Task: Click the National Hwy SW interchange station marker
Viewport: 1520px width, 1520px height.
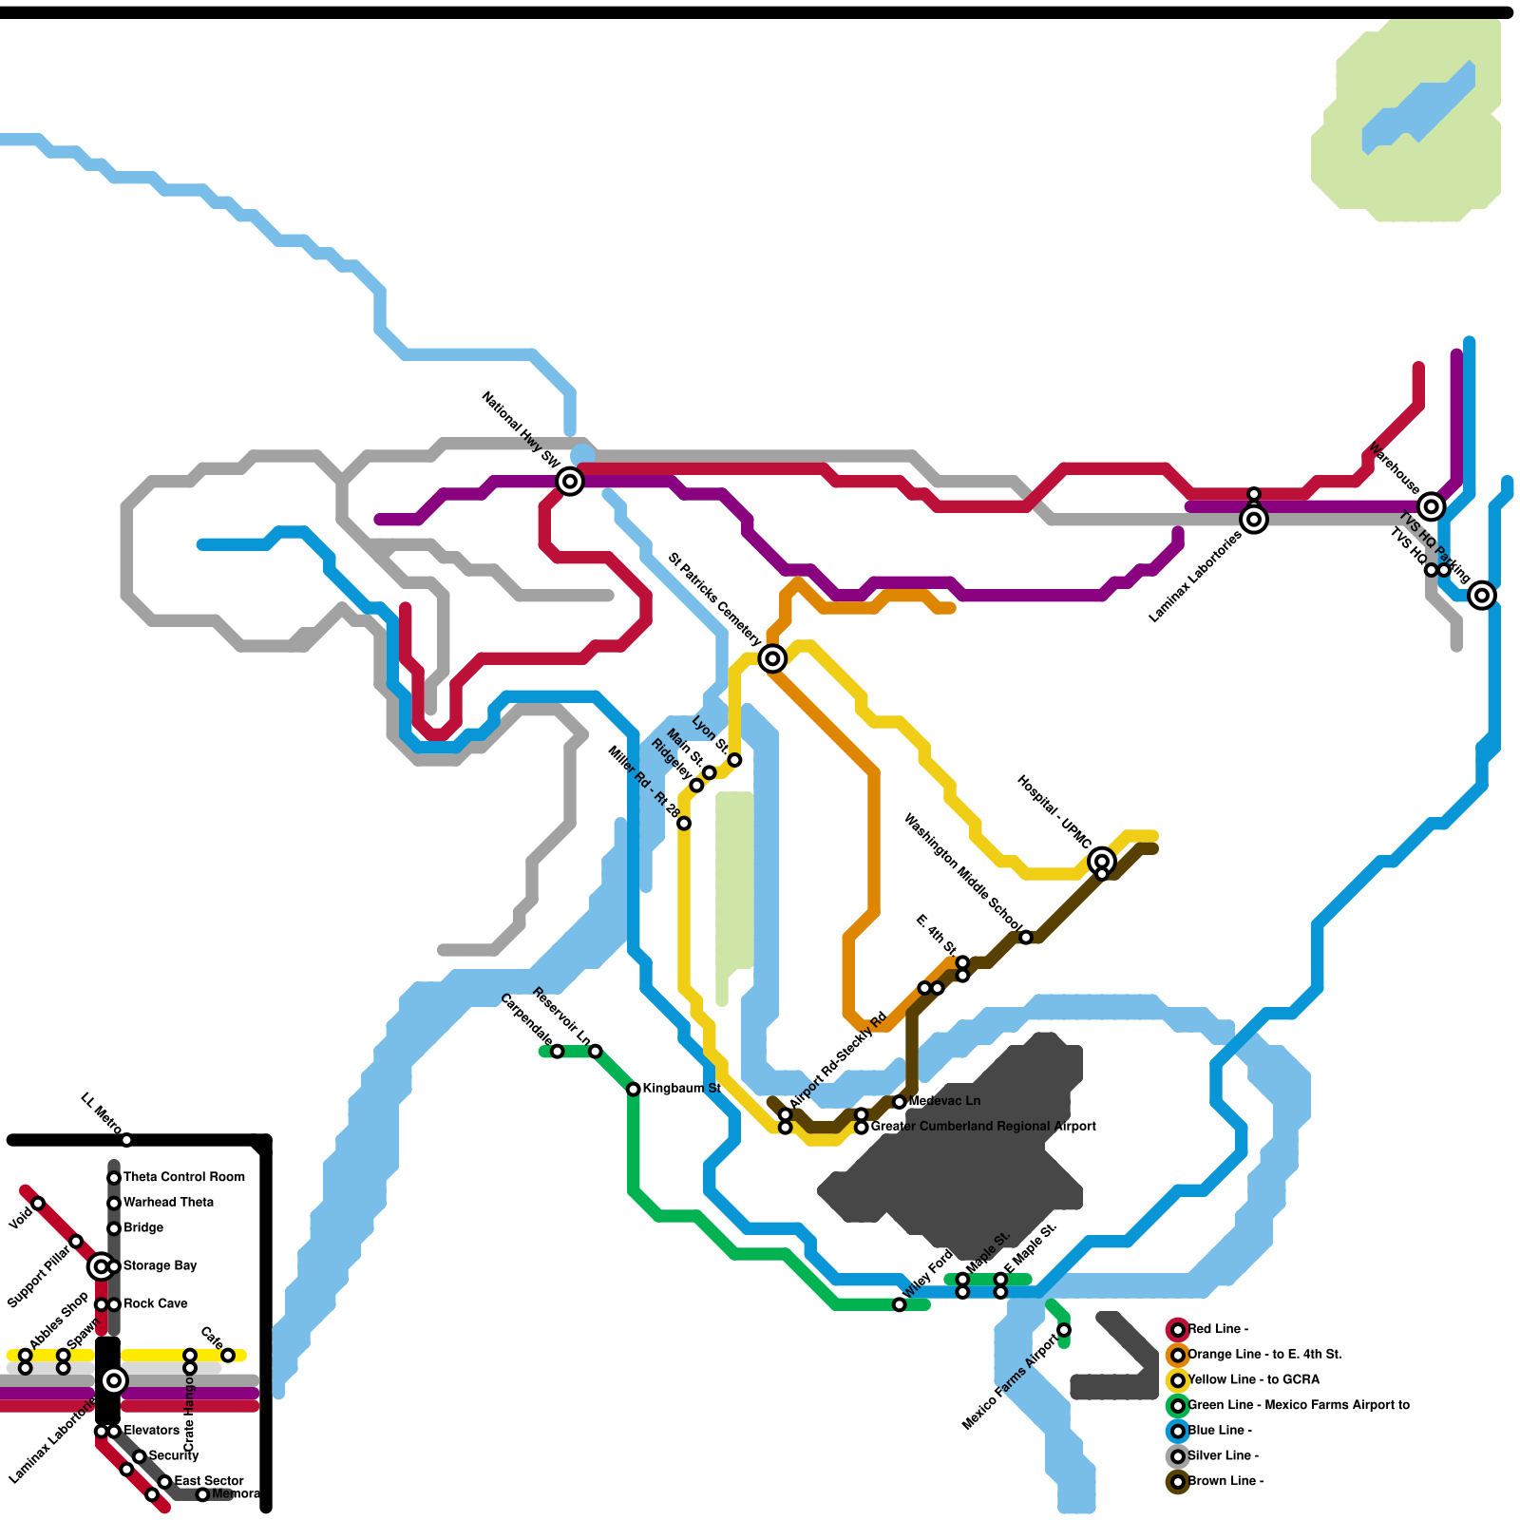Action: pyautogui.click(x=570, y=481)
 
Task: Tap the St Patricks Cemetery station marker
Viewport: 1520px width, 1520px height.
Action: pyautogui.click(x=773, y=657)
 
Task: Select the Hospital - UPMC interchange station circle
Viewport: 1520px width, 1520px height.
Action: pyautogui.click(x=1102, y=861)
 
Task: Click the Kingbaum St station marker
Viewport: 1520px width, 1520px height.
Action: pyautogui.click(x=634, y=1089)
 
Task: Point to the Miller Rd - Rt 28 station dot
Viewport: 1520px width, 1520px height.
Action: pyautogui.click(x=684, y=823)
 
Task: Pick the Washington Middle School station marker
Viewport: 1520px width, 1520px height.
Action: pyautogui.click(x=1026, y=937)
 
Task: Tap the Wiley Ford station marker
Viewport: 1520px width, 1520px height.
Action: pyautogui.click(x=900, y=1304)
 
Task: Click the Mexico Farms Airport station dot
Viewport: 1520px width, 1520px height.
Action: pyautogui.click(x=1064, y=1330)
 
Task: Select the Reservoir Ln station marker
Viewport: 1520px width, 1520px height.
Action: pyautogui.click(x=596, y=1051)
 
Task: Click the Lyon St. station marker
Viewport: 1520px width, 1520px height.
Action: pyautogui.click(x=734, y=760)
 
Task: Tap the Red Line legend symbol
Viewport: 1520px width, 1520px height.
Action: pyautogui.click(x=1178, y=1330)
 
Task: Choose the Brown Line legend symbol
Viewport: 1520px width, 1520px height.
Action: pyautogui.click(x=1178, y=1482)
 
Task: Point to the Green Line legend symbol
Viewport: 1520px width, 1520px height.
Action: pyautogui.click(x=1178, y=1406)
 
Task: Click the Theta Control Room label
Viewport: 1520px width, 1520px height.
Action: pyautogui.click(x=184, y=1177)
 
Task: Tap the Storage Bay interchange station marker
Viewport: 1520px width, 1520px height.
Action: pyautogui.click(x=101, y=1266)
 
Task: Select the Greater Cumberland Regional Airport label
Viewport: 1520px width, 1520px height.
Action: pyautogui.click(x=983, y=1127)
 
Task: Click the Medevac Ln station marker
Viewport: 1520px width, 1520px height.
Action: pyautogui.click(x=900, y=1102)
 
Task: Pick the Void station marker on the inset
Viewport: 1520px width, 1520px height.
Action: pyautogui.click(x=38, y=1204)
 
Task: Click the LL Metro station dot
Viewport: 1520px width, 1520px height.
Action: pyautogui.click(x=126, y=1140)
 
